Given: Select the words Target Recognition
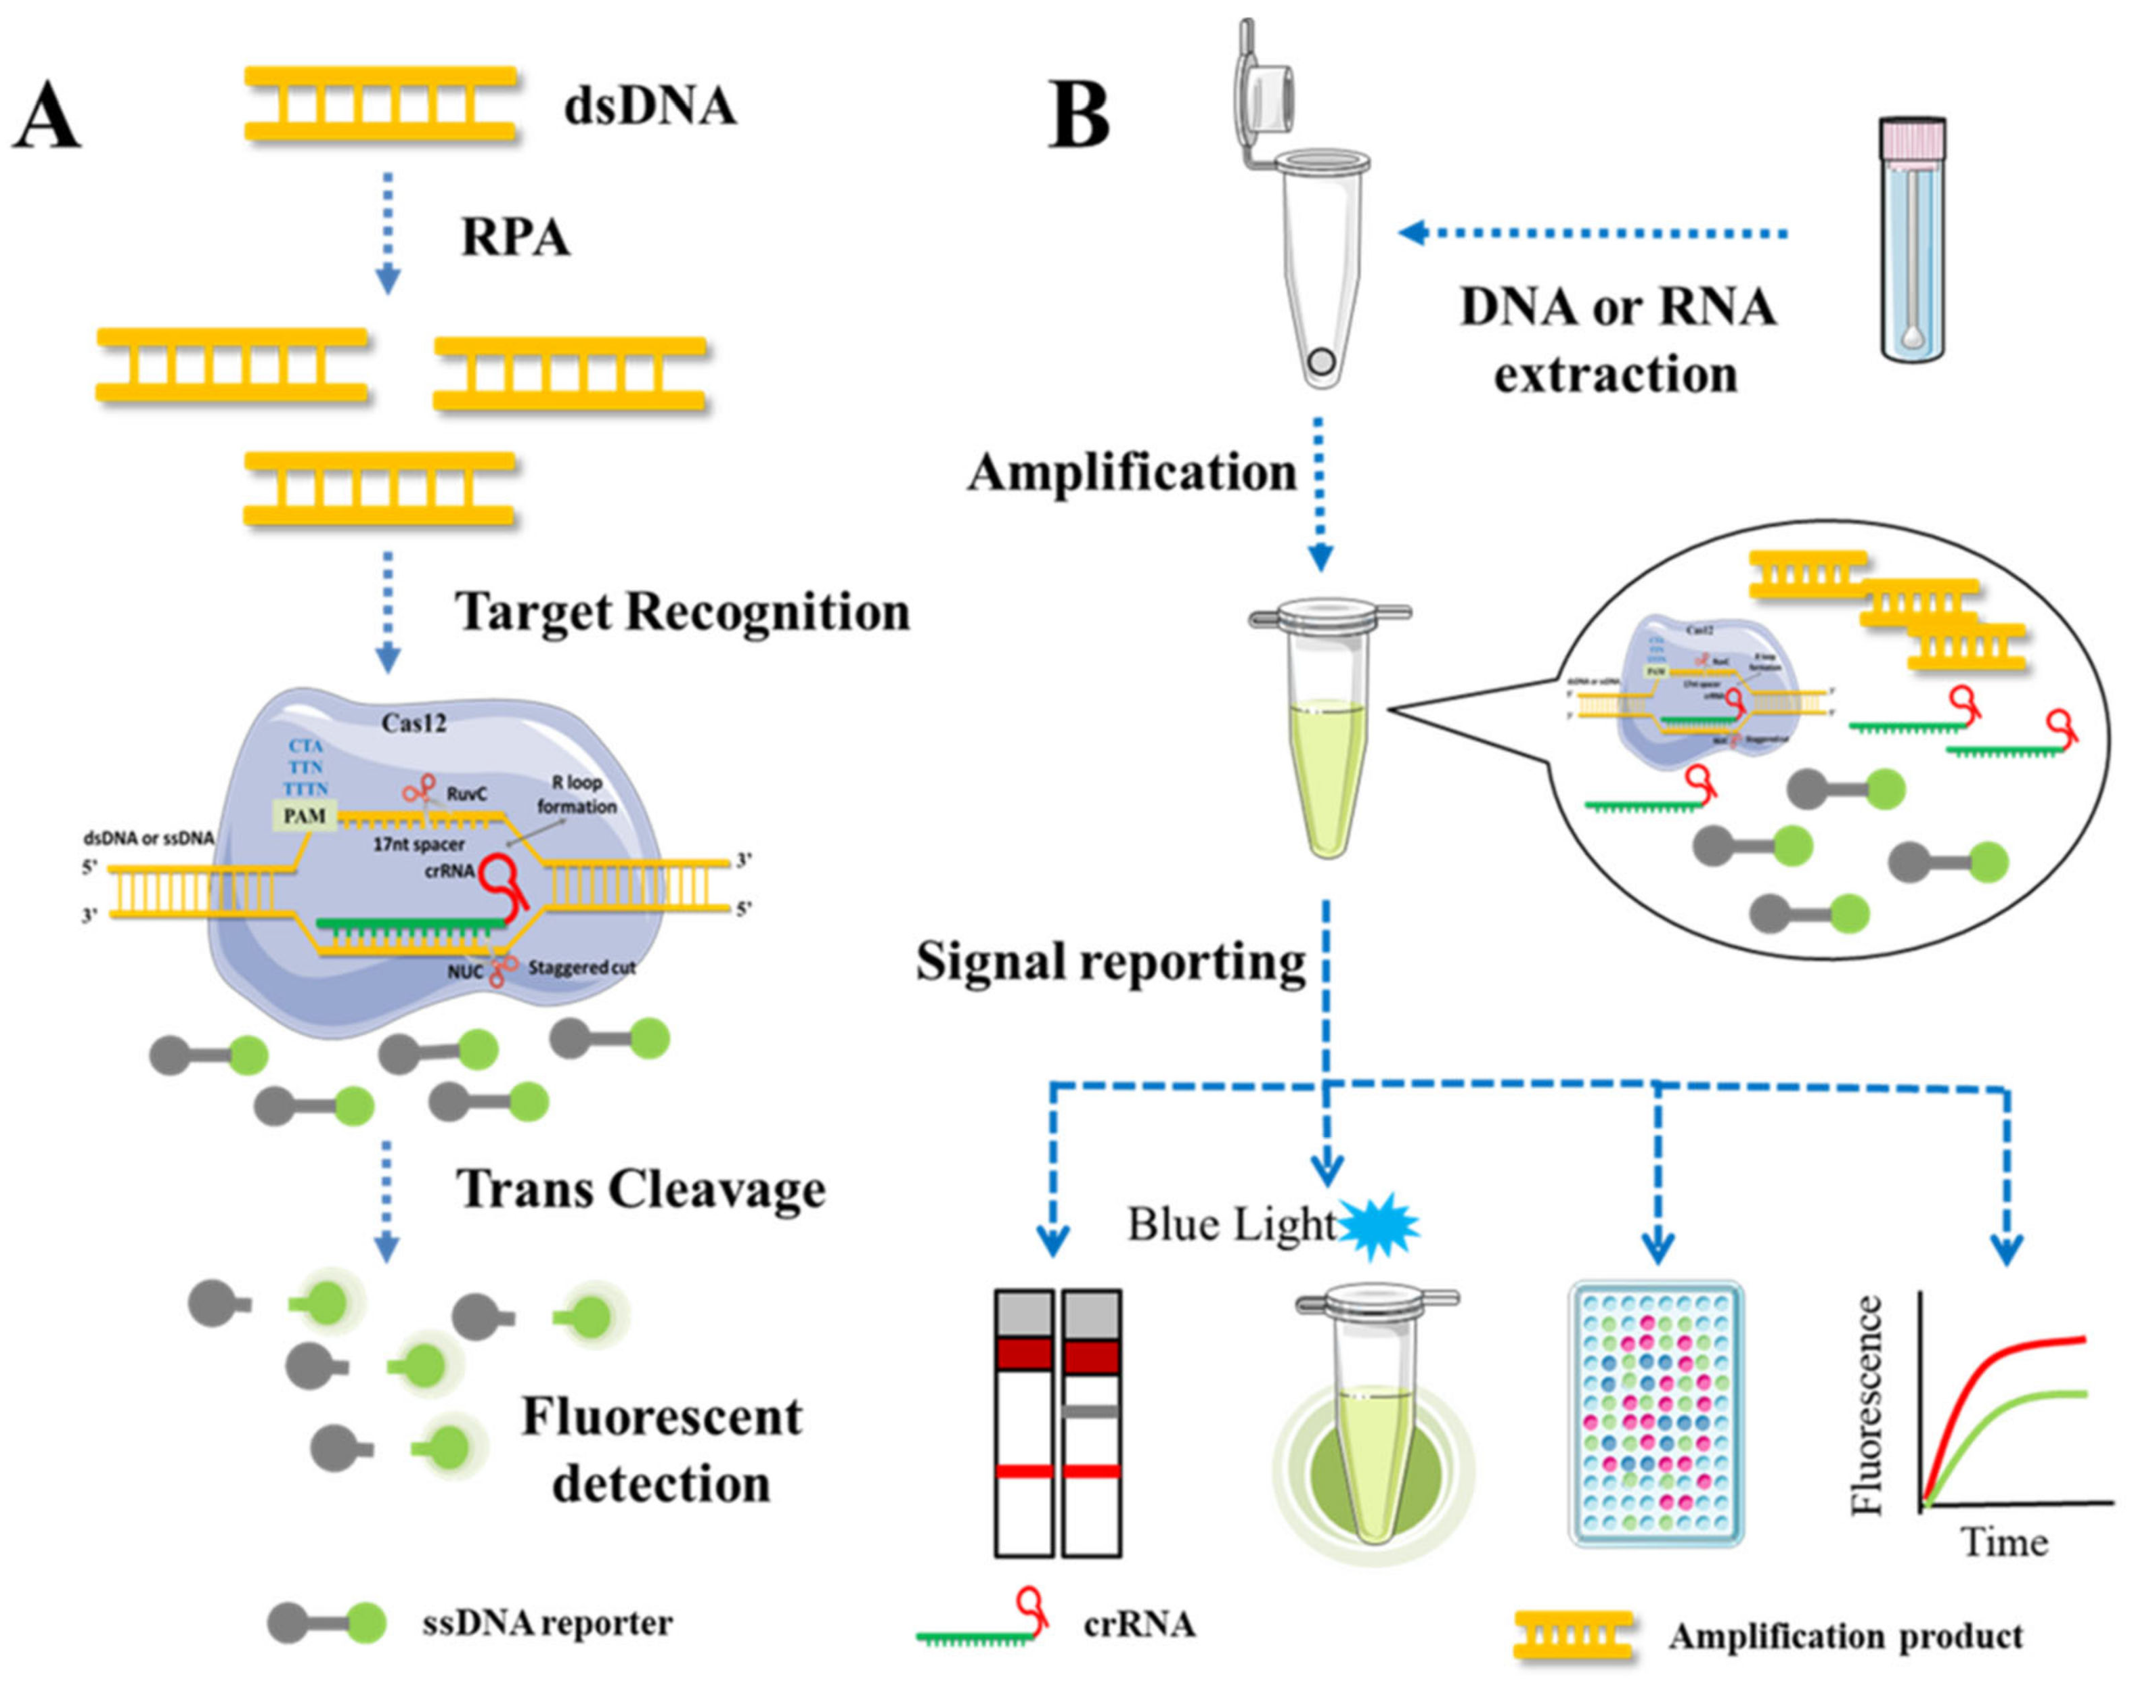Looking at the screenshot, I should [682, 612].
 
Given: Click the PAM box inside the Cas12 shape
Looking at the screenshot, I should [305, 816].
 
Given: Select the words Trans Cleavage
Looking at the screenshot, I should [641, 1189].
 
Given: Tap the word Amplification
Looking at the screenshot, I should [1132, 472].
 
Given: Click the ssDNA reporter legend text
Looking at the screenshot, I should [547, 1622].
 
